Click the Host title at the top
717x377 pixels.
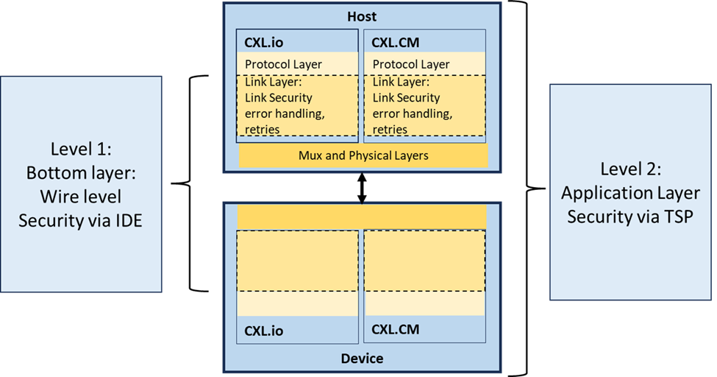pyautogui.click(x=361, y=15)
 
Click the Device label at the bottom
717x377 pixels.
pyautogui.click(x=361, y=359)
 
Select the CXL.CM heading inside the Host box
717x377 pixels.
pyautogui.click(x=396, y=42)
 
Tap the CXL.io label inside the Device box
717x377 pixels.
pyautogui.click(x=264, y=331)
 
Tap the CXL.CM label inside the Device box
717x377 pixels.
pyautogui.click(x=395, y=329)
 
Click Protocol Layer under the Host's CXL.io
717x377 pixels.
pyautogui.click(x=283, y=64)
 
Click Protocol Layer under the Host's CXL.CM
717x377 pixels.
pyautogui.click(x=411, y=64)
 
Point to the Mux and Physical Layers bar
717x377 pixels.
pyautogui.click(x=363, y=155)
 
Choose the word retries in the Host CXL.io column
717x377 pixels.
pyautogui.click(x=263, y=130)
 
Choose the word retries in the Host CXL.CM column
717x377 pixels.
pyautogui.click(x=390, y=130)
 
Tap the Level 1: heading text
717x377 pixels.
pyautogui.click(x=81, y=149)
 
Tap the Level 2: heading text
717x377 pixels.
pyautogui.click(x=630, y=169)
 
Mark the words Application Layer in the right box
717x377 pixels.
pyautogui.click(x=630, y=193)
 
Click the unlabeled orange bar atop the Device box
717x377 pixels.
pyautogui.click(x=362, y=216)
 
